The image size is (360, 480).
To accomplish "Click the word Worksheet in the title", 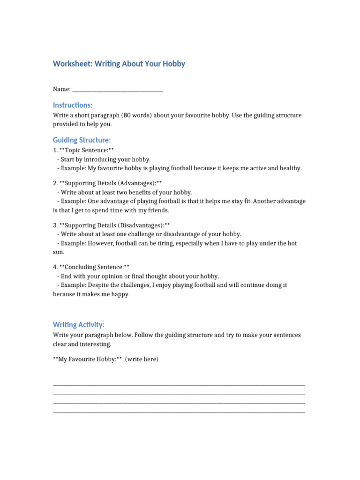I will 71,64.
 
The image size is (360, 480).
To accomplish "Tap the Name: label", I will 61,89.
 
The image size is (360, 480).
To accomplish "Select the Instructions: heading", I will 73,105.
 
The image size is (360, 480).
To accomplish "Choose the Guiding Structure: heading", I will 82,140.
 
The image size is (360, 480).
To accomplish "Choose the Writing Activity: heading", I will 79,325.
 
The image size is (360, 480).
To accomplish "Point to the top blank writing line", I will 179,385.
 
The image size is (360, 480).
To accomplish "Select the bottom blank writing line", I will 179,412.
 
